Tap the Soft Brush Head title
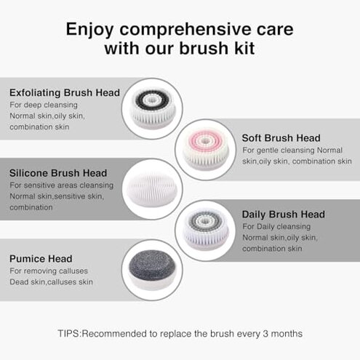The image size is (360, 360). (281, 137)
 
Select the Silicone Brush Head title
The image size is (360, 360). (58, 173)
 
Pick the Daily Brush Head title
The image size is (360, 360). (283, 215)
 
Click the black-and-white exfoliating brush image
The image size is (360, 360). (152, 108)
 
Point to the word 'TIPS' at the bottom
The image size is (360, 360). (68, 334)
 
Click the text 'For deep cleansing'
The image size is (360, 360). (43, 105)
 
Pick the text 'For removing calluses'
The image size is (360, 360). (49, 271)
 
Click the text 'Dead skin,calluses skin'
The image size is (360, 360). (51, 281)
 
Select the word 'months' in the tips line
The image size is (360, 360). (287, 334)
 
